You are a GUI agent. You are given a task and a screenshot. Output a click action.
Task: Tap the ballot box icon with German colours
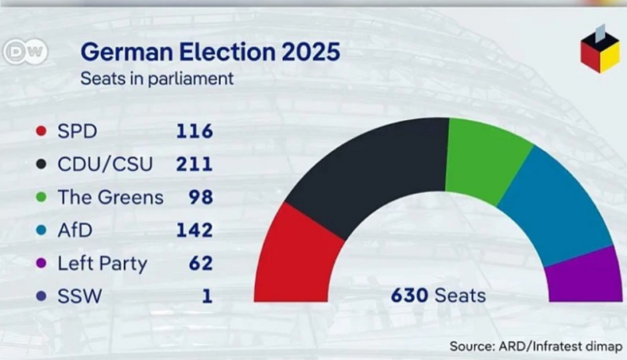coord(600,51)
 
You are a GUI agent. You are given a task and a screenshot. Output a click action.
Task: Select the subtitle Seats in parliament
coord(158,78)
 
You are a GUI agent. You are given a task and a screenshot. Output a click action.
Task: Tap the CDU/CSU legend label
coord(105,164)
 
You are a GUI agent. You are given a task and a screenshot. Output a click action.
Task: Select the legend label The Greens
coord(111,197)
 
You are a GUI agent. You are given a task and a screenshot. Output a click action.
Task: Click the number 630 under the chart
coord(409,296)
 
